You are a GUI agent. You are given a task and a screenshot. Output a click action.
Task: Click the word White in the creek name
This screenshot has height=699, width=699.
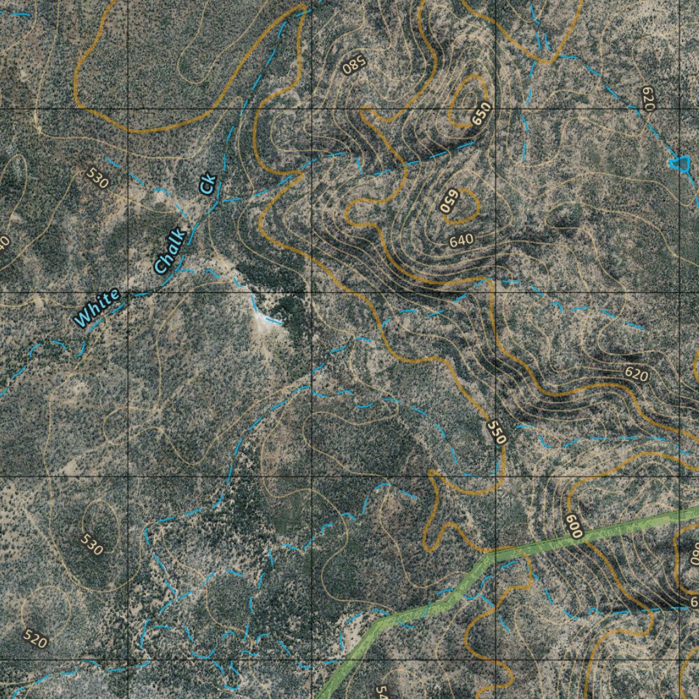click(97, 307)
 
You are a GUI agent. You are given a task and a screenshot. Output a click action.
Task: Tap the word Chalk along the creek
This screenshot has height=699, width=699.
click(170, 251)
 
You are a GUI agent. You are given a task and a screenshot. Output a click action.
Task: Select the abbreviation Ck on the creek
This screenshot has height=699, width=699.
click(208, 184)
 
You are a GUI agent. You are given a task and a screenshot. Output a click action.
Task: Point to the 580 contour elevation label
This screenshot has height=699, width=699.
click(354, 66)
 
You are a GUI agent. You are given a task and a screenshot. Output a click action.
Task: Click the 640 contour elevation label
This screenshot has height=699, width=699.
click(461, 240)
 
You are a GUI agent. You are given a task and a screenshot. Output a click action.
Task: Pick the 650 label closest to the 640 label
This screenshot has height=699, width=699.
click(448, 201)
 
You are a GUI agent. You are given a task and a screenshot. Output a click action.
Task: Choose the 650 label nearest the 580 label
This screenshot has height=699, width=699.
click(481, 113)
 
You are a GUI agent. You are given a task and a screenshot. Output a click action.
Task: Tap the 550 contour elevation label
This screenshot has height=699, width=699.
click(496, 432)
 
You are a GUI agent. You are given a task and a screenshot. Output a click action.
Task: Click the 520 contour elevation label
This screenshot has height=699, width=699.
click(35, 638)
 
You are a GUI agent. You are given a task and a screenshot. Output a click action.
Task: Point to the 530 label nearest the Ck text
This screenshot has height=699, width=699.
click(98, 180)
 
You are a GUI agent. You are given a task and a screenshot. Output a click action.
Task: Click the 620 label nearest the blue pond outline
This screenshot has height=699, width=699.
click(647, 98)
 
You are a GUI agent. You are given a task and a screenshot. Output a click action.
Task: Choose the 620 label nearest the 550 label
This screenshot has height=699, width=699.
click(636, 373)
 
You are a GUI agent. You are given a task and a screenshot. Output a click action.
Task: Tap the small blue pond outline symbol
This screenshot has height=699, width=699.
click(679, 162)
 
